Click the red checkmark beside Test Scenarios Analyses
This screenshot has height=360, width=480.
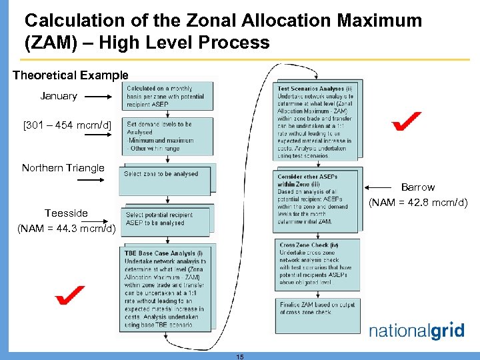pyautogui.click(x=406, y=121)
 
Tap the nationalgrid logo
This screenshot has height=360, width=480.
pyautogui.click(x=416, y=331)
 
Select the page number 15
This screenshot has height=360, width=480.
pyautogui.click(x=240, y=357)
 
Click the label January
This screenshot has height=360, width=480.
pyautogui.click(x=59, y=96)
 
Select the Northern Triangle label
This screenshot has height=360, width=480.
pyautogui.click(x=63, y=168)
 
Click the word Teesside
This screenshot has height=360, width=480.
pyautogui.click(x=66, y=213)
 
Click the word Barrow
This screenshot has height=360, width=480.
pyautogui.click(x=417, y=187)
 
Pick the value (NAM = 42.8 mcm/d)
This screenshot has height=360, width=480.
pyautogui.click(x=418, y=202)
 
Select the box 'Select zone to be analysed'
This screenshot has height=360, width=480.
pyautogui.click(x=161, y=174)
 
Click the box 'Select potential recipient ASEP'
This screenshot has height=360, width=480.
pyautogui.click(x=160, y=219)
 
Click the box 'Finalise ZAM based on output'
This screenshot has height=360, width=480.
pyautogui.click(x=317, y=307)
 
